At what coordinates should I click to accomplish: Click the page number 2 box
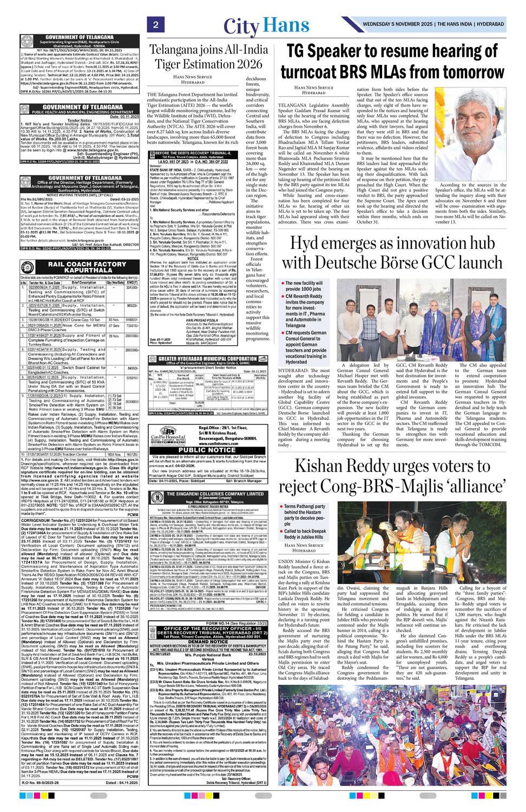coord(155,25)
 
